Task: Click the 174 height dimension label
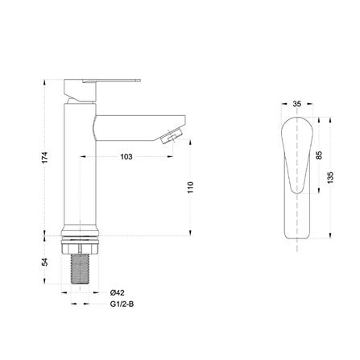pos(45,158)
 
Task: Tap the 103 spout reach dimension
pos(126,156)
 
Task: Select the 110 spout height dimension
pos(190,188)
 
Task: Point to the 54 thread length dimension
pos(45,262)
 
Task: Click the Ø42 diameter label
pos(118,292)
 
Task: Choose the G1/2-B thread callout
pos(122,304)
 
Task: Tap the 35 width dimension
pos(297,104)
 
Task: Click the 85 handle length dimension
pos(319,155)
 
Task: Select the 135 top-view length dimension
pos(330,177)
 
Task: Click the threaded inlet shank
pos(80,269)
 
